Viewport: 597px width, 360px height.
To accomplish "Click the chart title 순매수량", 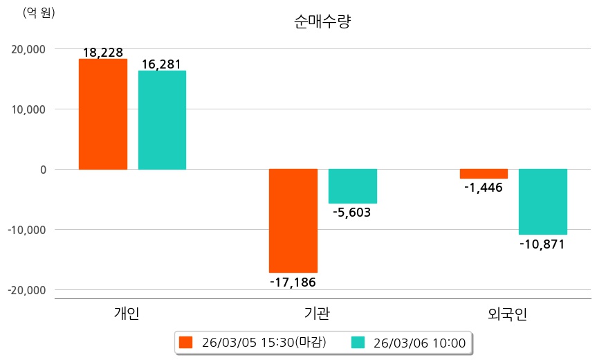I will (322, 21).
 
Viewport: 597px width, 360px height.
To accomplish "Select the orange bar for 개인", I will (103, 114).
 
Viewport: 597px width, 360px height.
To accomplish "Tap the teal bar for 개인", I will (162, 120).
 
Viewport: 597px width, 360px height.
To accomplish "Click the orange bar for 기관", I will (293, 221).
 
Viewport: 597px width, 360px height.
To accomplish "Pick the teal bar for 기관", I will (352, 186).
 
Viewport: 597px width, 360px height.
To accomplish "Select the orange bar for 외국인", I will (484, 174).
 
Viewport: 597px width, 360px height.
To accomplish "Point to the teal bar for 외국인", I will (543, 201).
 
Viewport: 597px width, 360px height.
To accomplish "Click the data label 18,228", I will (103, 53).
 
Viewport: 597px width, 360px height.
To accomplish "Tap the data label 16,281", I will (161, 64).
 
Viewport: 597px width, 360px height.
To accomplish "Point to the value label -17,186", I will (293, 282).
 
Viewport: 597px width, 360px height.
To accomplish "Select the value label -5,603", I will (352, 213).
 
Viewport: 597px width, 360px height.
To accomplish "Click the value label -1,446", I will (484, 188).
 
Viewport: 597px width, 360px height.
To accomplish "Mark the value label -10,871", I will (542, 244).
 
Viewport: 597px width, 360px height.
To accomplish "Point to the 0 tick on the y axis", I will (43, 170).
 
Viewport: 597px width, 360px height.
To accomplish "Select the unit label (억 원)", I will (39, 12).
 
